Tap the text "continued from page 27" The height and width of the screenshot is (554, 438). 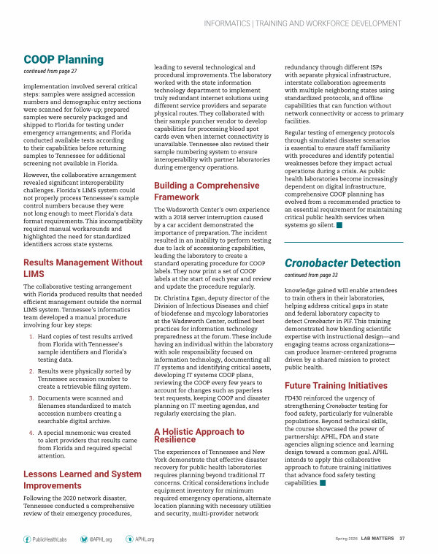point(52,72)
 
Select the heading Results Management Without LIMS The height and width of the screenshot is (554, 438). point(83,267)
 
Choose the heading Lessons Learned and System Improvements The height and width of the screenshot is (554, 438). point(82,479)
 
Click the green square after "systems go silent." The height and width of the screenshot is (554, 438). point(339,205)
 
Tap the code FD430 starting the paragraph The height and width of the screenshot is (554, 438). point(294,398)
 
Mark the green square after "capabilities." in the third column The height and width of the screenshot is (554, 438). point(321,483)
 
